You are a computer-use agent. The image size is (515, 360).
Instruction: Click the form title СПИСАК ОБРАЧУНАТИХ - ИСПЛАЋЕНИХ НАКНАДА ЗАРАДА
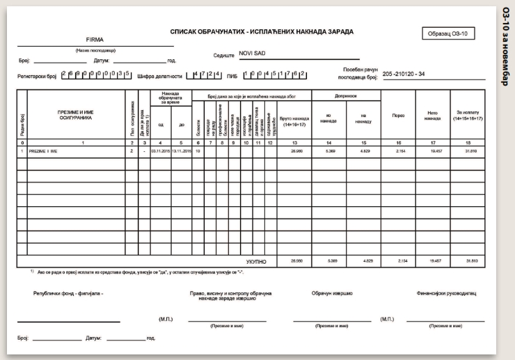tap(262, 32)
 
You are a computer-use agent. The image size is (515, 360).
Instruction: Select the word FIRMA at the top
tap(95, 40)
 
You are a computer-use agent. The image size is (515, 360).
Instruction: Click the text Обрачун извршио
tap(332, 293)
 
